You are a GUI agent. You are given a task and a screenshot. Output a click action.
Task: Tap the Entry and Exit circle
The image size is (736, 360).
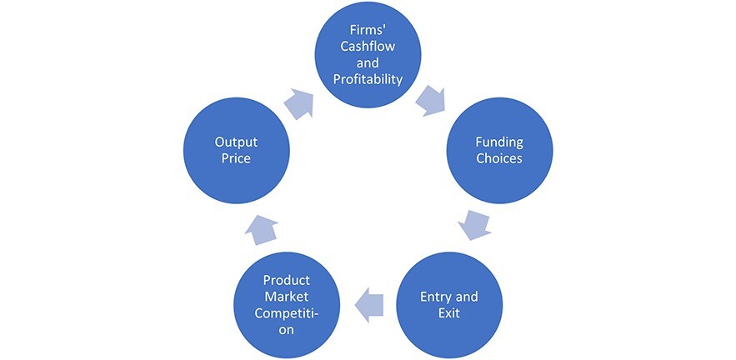448,304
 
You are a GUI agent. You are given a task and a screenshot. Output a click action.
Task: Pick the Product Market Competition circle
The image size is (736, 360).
286,304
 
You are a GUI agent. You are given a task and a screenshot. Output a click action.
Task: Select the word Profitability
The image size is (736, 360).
368,79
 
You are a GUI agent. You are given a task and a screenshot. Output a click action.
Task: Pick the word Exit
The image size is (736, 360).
448,313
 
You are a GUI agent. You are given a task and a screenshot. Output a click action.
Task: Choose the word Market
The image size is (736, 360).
286,297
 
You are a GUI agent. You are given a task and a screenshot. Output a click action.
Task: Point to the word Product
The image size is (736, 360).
286,280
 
